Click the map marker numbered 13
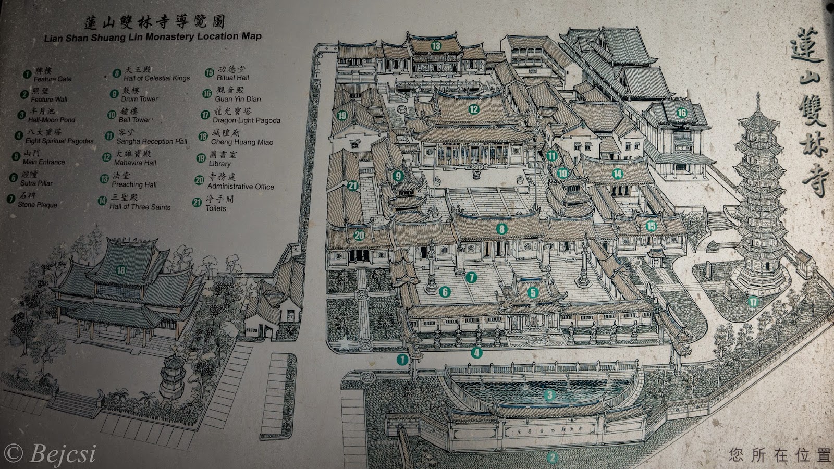(436, 46)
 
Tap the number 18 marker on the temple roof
(121, 270)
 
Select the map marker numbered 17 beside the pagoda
(753, 302)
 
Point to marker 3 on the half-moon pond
(549, 396)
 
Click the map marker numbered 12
(473, 109)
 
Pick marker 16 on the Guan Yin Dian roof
(682, 113)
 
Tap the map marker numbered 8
(502, 229)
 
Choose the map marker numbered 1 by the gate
(402, 359)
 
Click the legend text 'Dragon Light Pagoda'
(247, 120)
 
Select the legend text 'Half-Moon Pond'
(52, 120)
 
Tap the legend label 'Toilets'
(216, 208)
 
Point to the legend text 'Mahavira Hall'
(135, 163)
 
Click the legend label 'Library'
(219, 164)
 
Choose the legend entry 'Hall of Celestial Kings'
(157, 78)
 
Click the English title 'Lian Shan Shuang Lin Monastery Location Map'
(153, 36)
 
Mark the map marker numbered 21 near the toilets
(353, 186)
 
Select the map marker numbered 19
(342, 116)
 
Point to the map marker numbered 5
(532, 293)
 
